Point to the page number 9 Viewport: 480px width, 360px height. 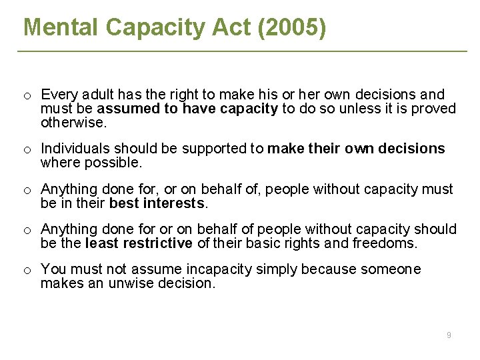tap(449, 335)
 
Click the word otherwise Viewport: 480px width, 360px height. tap(73, 123)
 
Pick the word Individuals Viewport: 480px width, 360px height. tap(75, 149)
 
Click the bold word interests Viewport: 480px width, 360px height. tap(172, 203)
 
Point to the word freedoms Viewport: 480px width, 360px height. tap(385, 243)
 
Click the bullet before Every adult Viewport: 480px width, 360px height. tap(27, 95)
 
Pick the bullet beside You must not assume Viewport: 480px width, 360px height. tap(27, 270)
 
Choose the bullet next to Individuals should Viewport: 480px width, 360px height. tap(27, 149)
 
